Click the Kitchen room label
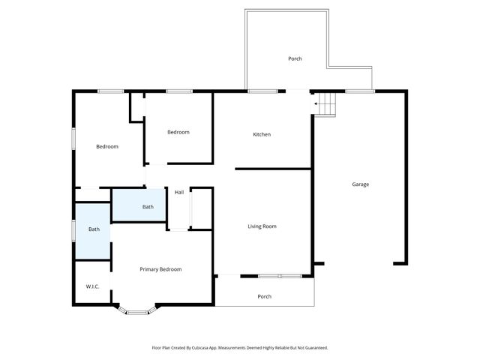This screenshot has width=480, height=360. tap(262, 134)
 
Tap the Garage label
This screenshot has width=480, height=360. tap(361, 184)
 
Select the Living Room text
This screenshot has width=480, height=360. tap(262, 226)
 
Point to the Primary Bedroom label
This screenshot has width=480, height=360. tap(160, 269)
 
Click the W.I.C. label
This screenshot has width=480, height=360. tap(93, 286)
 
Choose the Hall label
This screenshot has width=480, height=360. tap(179, 193)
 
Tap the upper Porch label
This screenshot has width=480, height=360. tap(295, 58)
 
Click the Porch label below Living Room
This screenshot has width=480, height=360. tap(264, 296)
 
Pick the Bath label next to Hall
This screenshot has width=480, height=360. tap(148, 207)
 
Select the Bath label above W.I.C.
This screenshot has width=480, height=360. tap(94, 229)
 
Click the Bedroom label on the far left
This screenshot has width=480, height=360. tap(107, 146)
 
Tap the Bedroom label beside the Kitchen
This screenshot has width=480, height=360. tap(178, 132)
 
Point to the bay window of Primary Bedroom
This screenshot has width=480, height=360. tap(136, 310)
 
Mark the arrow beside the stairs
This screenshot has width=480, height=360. tap(316, 103)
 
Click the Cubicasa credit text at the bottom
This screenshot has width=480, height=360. tap(240, 348)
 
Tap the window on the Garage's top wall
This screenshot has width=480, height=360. tap(360, 91)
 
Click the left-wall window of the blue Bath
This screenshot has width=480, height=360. tap(73, 230)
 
